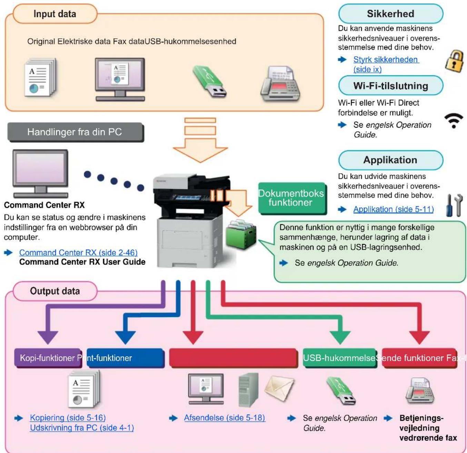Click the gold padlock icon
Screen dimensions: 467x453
point(454,61)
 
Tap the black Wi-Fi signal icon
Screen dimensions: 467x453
point(453,121)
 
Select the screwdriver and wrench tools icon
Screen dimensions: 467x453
point(454,205)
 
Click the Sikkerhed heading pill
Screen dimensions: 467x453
point(390,14)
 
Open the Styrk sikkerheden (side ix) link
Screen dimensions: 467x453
point(386,64)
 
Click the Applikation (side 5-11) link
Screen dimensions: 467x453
point(393,209)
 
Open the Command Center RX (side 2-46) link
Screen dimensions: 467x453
point(78,252)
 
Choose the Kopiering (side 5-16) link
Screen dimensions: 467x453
point(68,418)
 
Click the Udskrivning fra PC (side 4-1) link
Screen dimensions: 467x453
point(82,428)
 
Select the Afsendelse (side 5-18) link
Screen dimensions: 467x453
point(225,418)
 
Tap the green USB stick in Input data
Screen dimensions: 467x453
point(209,81)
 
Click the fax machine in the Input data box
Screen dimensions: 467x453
point(280,83)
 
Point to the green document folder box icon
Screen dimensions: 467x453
point(241,234)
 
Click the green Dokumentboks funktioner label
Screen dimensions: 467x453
point(292,198)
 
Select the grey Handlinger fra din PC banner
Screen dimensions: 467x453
point(76,132)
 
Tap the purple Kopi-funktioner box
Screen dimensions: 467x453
point(48,358)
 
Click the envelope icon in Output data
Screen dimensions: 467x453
point(279,389)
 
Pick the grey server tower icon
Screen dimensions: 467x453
point(249,389)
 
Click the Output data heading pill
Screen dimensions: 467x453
point(55,291)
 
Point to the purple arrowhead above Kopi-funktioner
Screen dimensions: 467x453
point(48,338)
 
